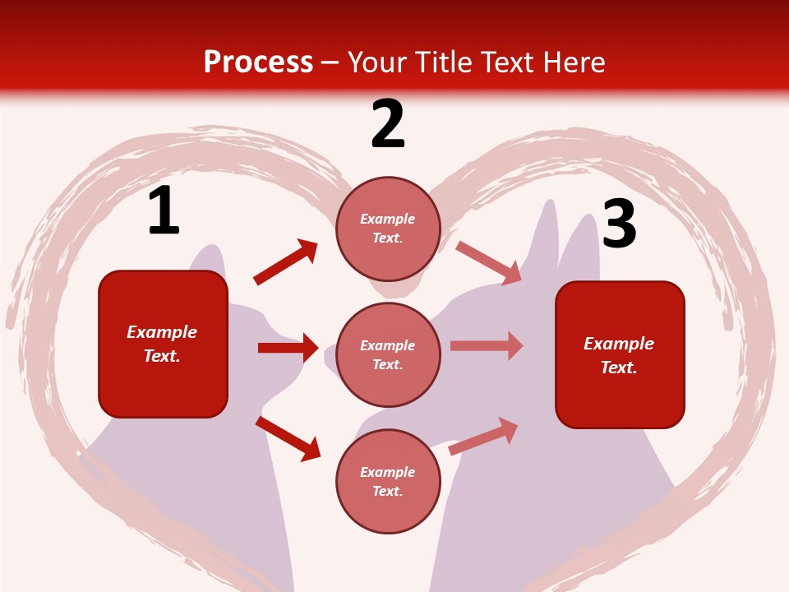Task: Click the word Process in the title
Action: (x=258, y=62)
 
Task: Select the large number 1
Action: (x=164, y=211)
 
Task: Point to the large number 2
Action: (x=388, y=124)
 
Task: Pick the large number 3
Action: (x=620, y=224)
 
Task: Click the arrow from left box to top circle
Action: (x=285, y=262)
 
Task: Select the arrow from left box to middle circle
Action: (x=288, y=348)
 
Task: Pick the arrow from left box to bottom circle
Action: (x=288, y=438)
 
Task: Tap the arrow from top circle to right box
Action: (x=488, y=262)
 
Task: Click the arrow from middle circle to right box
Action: (x=487, y=346)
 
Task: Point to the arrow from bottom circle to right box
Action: (x=483, y=436)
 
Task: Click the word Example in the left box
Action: (x=162, y=332)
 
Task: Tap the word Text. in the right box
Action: (x=619, y=368)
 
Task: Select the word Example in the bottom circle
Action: (x=388, y=472)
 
